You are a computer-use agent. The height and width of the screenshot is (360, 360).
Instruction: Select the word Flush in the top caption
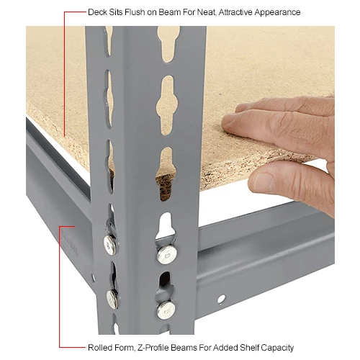pyautogui.click(x=135, y=13)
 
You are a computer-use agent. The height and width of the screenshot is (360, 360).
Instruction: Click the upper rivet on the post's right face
pyautogui.click(x=166, y=253)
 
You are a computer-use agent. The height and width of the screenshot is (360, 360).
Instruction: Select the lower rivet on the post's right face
pyautogui.click(x=166, y=310)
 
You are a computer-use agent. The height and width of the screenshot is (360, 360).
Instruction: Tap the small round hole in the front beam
pyautogui.click(x=222, y=298)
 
